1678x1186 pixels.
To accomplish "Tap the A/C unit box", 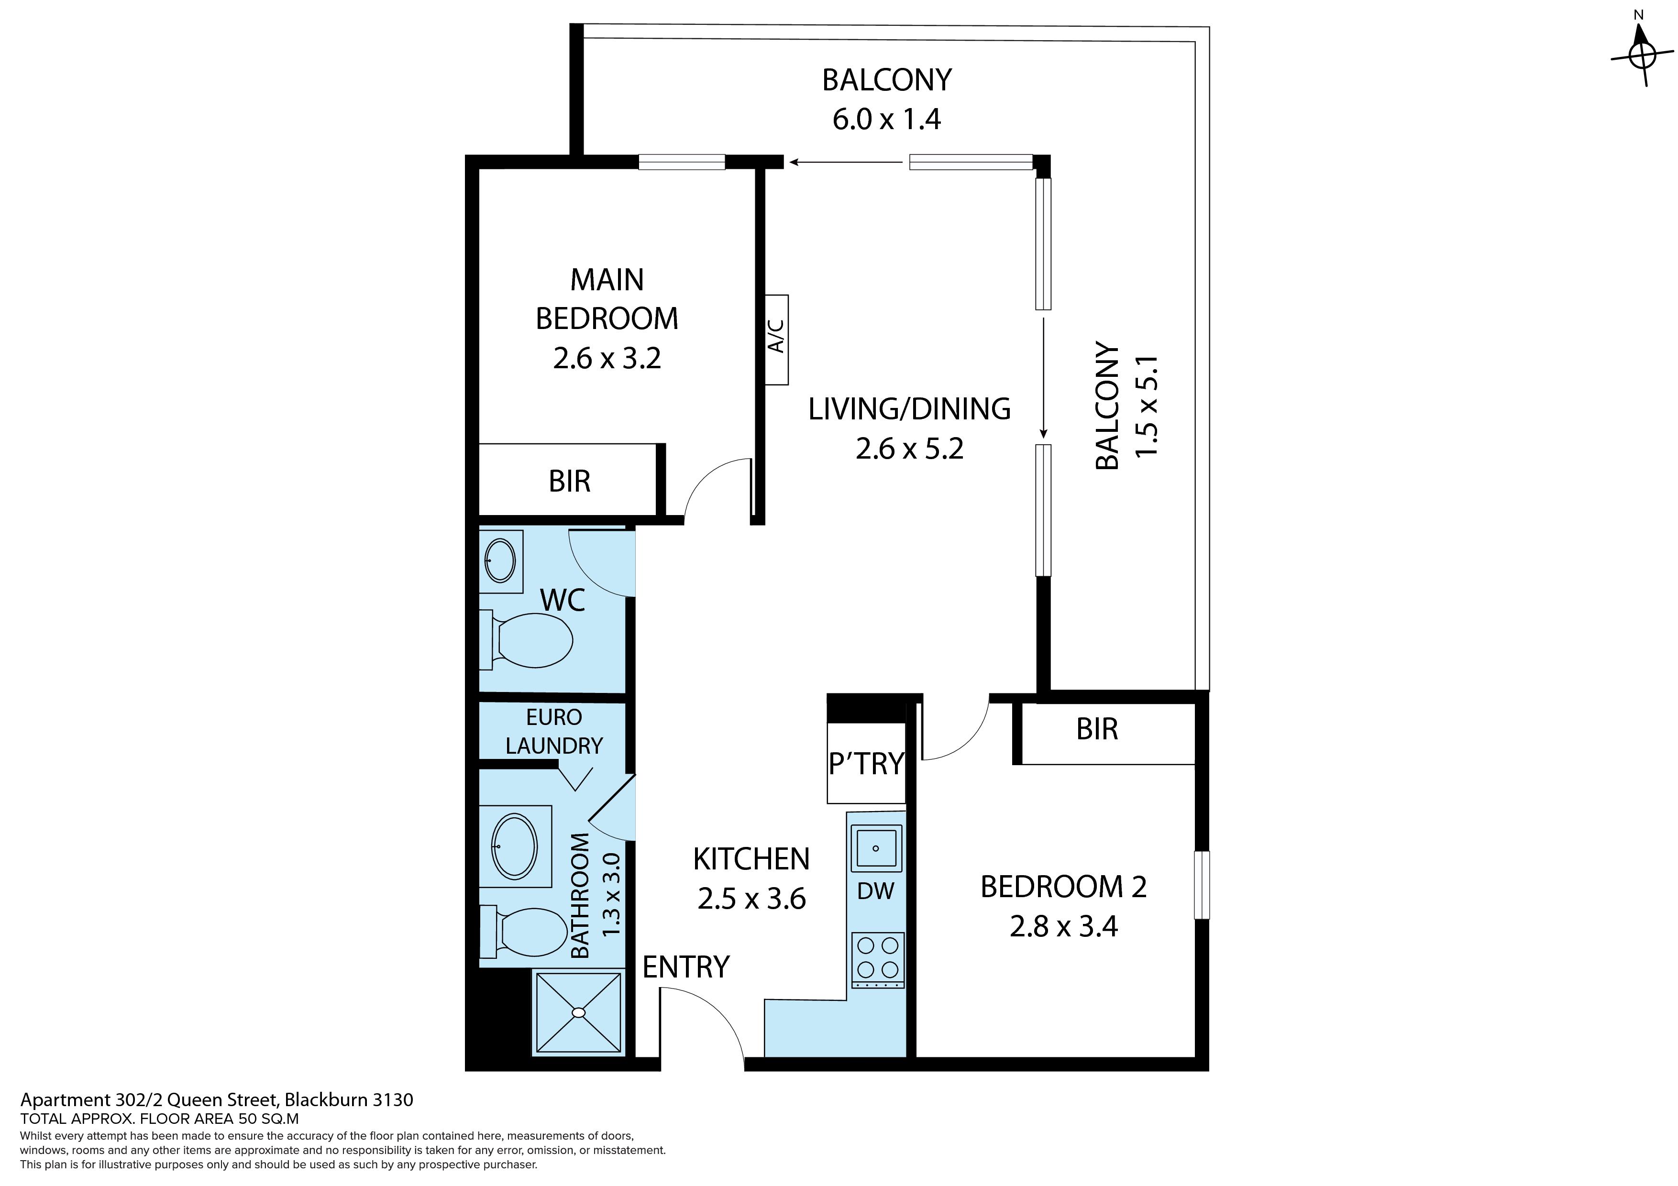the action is tap(777, 340).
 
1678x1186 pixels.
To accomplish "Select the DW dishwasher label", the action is tap(875, 891).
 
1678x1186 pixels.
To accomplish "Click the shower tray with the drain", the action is tap(578, 1013).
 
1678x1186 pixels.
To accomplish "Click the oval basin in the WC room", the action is tap(501, 560).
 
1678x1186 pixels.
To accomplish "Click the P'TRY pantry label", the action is tap(867, 763).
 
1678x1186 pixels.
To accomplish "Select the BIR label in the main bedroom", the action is tap(569, 481).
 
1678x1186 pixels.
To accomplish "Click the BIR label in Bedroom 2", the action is tap(1097, 728).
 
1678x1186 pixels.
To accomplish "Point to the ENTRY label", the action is tap(685, 967).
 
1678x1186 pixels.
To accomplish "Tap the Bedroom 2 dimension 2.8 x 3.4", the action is tap(1063, 926).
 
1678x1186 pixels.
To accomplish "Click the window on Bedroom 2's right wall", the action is tap(1202, 884).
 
